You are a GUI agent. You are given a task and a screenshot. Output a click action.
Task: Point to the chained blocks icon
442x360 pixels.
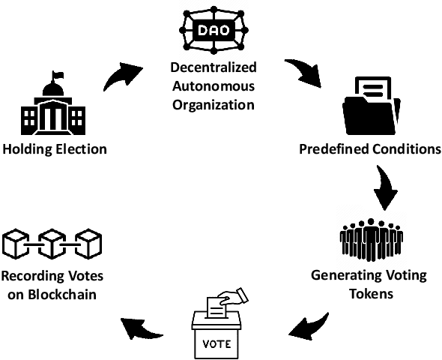pos(52,244)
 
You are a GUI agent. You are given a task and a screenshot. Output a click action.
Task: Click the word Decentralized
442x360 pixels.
pos(213,69)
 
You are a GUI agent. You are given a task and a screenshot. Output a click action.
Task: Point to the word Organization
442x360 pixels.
pos(213,103)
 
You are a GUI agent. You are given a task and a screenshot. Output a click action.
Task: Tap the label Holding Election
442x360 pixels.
pos(54,148)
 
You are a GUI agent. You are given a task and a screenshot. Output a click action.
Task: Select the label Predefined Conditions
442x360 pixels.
pos(370,148)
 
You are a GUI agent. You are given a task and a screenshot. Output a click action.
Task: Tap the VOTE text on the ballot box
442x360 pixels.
pos(218,346)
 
